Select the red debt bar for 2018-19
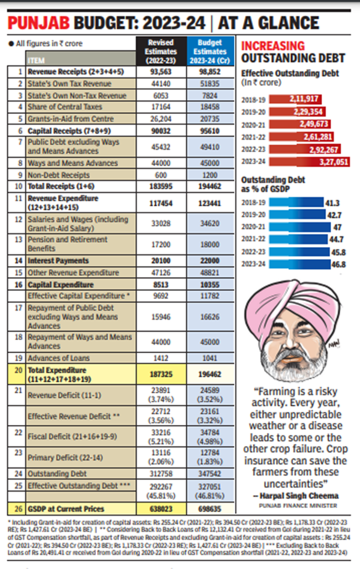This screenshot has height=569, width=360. [297, 100]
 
